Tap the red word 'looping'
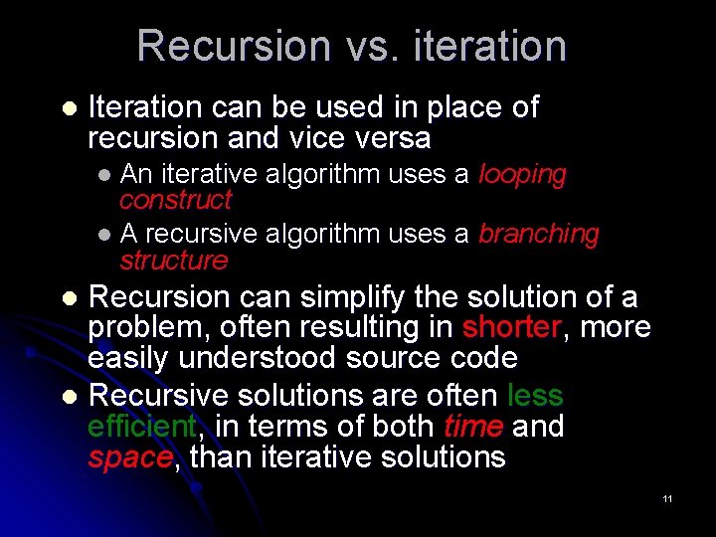coord(522,175)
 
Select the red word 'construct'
coord(175,200)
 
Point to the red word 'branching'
coord(539,235)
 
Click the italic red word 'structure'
coord(173,261)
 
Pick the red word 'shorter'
coord(511,327)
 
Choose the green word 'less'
coord(535,396)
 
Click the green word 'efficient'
coord(141,427)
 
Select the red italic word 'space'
coord(130,457)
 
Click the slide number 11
coord(667,498)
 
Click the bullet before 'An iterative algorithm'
coord(105,176)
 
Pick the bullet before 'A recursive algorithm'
coord(105,236)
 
